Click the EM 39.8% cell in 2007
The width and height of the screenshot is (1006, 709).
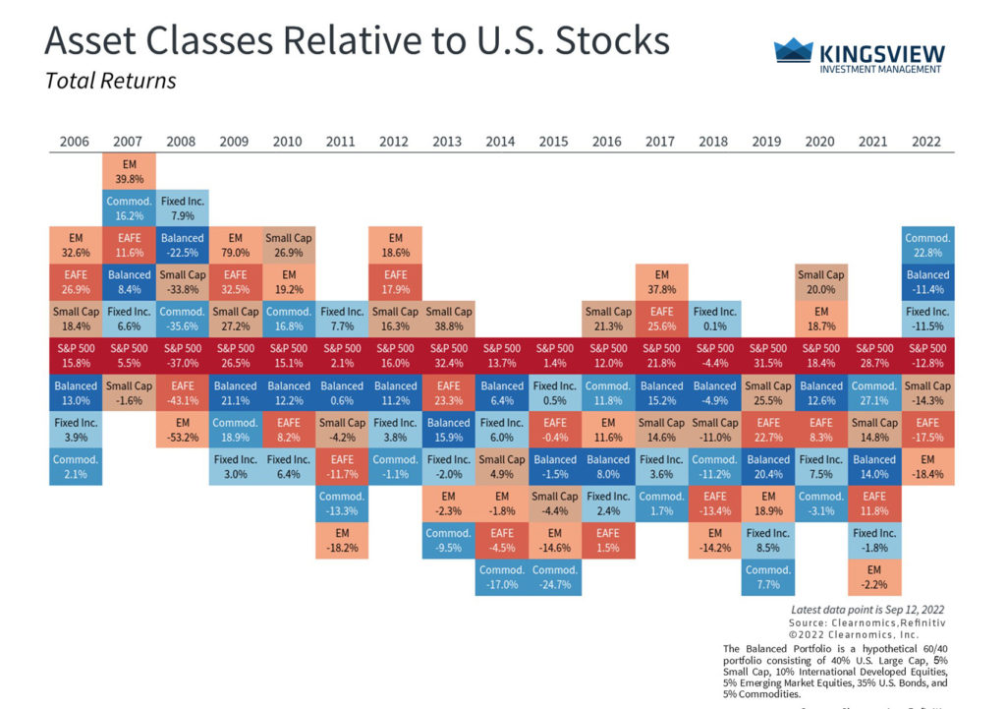point(130,171)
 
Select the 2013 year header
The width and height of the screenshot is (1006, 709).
point(447,142)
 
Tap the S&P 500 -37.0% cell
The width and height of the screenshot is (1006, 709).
point(183,356)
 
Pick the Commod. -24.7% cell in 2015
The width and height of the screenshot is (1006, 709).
point(555,577)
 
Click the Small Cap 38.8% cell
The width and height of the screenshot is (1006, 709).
point(449,319)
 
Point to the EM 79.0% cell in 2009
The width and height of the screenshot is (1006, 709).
point(236,245)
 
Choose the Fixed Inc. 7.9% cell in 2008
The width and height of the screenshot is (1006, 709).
point(183,208)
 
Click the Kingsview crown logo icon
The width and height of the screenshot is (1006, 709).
point(793,51)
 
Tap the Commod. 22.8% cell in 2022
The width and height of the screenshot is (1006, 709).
point(928,245)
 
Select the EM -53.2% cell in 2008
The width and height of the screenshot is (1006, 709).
point(183,430)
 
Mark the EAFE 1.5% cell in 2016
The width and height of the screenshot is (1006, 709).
point(608,540)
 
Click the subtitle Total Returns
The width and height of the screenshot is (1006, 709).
point(111,81)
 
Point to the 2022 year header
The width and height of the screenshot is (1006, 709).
point(926,142)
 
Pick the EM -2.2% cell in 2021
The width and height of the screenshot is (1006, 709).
point(873,577)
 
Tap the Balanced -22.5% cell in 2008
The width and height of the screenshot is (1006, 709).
point(183,245)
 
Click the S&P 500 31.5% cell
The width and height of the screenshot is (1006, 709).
point(767,356)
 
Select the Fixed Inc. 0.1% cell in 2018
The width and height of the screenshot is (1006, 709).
point(714,319)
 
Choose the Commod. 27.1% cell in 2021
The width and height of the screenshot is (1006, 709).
point(873,392)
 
